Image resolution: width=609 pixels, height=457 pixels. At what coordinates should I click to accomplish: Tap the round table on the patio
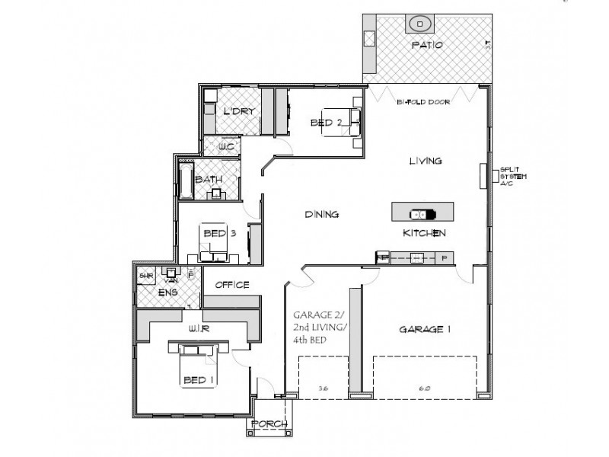[419, 24]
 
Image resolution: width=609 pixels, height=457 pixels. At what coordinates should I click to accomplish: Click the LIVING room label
[426, 161]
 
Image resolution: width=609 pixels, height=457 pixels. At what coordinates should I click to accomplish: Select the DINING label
[322, 215]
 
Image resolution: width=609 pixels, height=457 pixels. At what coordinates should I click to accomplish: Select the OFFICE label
[232, 285]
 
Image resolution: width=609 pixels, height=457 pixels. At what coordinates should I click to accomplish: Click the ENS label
[168, 291]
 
